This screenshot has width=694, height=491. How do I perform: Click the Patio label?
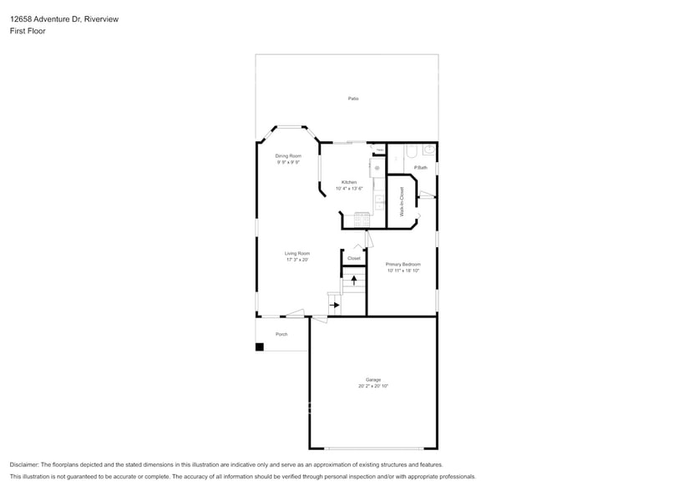coord(353,99)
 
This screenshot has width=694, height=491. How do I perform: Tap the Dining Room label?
coord(288,156)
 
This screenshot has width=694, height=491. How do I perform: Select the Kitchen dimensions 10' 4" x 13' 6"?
coord(349,189)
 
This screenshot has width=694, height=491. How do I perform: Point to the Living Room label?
coord(297,253)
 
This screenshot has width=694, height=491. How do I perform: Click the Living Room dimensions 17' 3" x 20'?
coord(297,260)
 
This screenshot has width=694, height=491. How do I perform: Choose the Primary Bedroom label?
coord(403,264)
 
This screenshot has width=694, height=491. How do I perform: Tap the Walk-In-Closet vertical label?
coord(402,201)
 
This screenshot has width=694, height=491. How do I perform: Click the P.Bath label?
coord(420,168)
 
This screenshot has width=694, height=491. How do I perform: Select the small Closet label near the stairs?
coord(354,258)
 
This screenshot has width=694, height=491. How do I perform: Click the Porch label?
coord(281,334)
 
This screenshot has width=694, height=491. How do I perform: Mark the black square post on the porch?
coord(259,347)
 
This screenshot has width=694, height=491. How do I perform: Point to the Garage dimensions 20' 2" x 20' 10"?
coord(373,386)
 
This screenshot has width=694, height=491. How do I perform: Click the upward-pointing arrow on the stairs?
coord(354,281)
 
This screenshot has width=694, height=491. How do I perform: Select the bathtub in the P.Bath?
coord(410,152)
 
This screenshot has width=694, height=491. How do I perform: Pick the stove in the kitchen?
coord(362,220)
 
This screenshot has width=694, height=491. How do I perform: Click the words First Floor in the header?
coord(28,31)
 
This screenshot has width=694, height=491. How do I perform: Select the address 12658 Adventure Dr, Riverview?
coord(63,19)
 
